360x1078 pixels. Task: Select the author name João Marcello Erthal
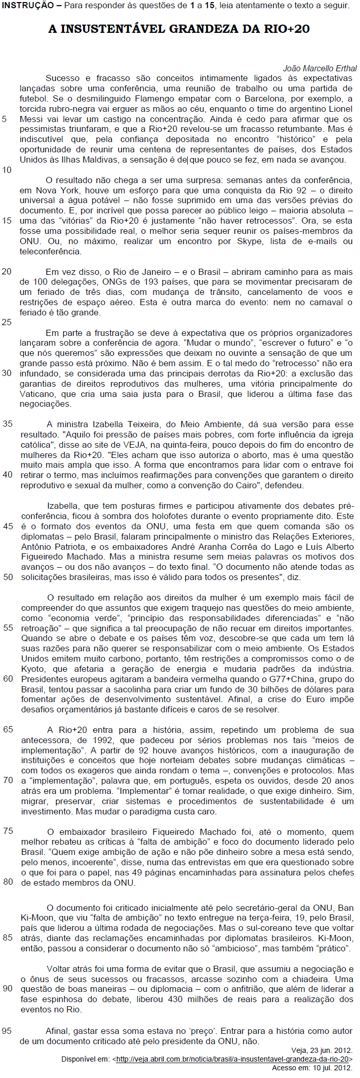click(319, 68)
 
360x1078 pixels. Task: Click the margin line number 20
click(7, 271)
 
